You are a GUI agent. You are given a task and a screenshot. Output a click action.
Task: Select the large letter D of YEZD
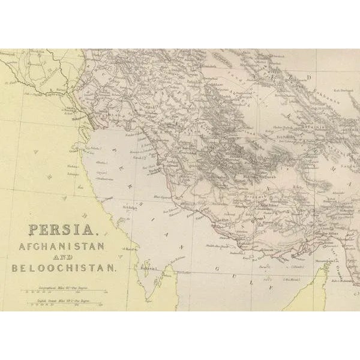click(x=310, y=77)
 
